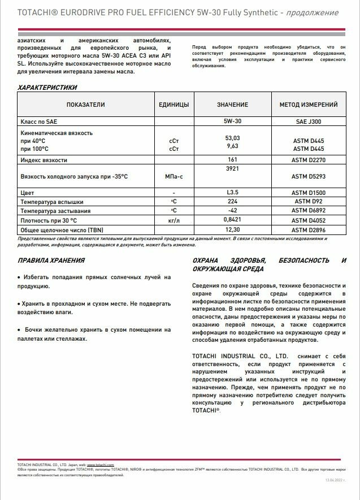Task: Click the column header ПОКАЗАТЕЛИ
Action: pos(86,105)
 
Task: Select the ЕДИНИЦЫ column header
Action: pos(174,105)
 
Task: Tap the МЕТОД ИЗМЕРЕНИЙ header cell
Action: pos(309,105)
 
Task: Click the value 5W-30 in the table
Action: pos(232,121)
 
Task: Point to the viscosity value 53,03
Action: pos(232,138)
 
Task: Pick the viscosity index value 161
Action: pos(232,160)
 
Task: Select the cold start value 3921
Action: pos(232,168)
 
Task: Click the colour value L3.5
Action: pos(232,193)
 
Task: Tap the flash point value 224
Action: pos(232,201)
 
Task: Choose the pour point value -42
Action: pos(232,210)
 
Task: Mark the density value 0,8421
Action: pos(232,219)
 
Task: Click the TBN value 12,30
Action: pos(232,229)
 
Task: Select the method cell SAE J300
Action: pos(309,121)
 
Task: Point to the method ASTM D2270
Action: pos(309,160)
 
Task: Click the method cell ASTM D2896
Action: pos(309,229)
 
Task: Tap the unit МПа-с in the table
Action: pos(174,177)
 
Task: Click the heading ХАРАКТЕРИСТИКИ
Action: pos(47,88)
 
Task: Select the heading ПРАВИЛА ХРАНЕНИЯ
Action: pos(51,260)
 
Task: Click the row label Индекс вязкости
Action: pos(44,160)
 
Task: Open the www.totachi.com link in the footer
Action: pos(101,464)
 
